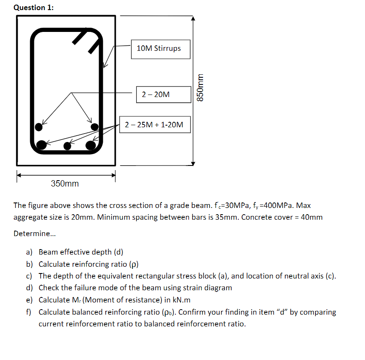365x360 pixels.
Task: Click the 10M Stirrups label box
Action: (x=160, y=49)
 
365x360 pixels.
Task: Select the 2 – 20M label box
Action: (x=156, y=95)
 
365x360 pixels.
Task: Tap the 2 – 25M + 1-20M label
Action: (x=154, y=124)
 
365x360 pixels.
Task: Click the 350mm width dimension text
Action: (x=65, y=184)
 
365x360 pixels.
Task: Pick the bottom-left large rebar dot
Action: (x=41, y=145)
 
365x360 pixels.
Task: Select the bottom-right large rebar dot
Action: (x=91, y=145)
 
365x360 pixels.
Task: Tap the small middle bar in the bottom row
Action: (x=67, y=146)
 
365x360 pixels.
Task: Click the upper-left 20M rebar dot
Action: (x=39, y=126)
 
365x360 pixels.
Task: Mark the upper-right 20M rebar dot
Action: (x=95, y=126)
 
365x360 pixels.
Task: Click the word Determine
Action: (x=30, y=233)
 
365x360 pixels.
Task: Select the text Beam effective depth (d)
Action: (x=81, y=252)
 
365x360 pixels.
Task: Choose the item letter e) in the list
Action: (x=29, y=300)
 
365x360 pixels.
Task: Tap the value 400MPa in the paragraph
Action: (x=283, y=206)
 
